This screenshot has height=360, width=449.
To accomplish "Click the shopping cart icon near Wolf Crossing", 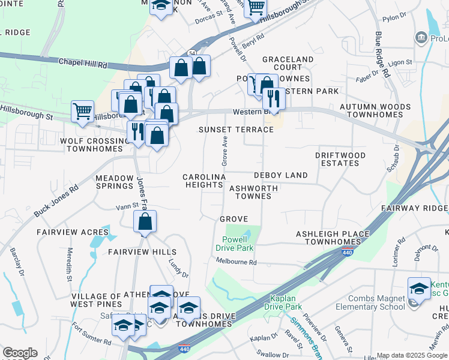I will point(82,111).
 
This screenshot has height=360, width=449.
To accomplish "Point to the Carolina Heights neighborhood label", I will point(204,181).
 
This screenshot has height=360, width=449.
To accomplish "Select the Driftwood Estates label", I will point(340,159).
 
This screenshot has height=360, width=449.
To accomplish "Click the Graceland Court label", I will point(288,63).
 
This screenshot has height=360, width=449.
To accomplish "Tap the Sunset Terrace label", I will point(236,129).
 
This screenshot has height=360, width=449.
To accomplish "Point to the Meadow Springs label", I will point(114,182).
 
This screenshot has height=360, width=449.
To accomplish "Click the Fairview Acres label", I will point(73,232).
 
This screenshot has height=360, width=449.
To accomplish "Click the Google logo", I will point(20,353).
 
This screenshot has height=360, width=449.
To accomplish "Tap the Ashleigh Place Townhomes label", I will point(330,238).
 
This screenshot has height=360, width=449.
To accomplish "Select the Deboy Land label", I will point(280,175).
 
